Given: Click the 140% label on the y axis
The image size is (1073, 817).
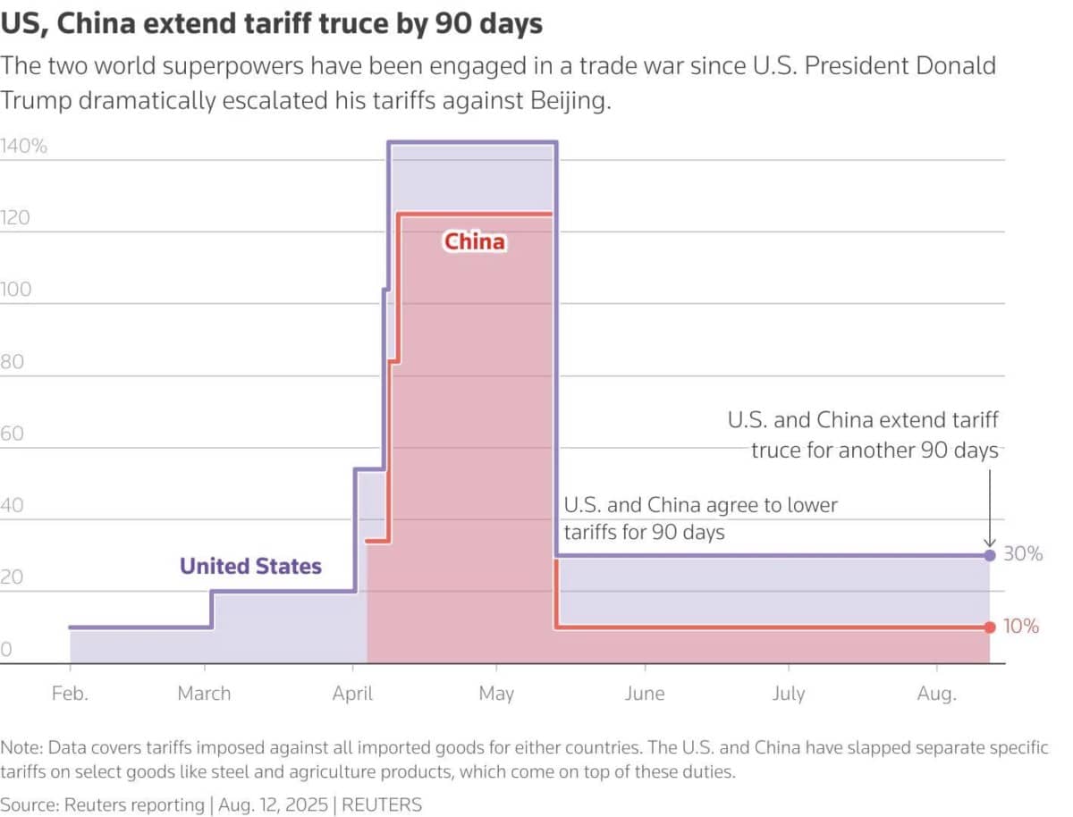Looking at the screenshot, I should pos(24,147).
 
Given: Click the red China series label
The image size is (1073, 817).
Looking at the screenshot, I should pos(475,241).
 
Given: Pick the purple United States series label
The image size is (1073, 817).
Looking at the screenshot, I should pos(250,566).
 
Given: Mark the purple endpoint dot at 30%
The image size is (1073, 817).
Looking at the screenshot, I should pos(989,555).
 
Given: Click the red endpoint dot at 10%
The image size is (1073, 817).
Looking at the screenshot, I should pos(989,627).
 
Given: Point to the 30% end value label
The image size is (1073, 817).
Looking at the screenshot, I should pos(1023,554).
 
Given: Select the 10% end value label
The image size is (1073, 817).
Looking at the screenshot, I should pos(1021,627).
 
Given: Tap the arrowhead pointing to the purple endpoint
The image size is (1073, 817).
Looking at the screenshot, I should pos(989,542).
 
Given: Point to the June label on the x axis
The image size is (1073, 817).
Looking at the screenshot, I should pos(644,693).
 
